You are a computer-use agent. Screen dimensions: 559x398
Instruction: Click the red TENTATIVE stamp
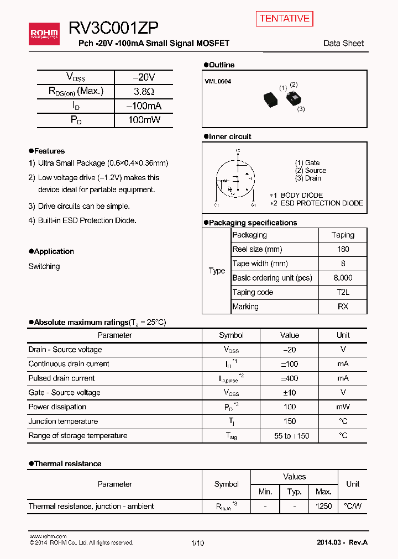[x=284, y=18]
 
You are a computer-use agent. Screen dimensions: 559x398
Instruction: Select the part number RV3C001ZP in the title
[x=114, y=29]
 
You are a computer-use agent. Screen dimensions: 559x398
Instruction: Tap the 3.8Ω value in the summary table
[x=143, y=92]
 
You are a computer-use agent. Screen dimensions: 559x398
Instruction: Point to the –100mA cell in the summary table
[x=143, y=106]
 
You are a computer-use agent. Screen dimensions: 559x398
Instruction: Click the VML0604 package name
[x=218, y=81]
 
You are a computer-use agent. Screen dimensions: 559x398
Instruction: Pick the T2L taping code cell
[x=343, y=292]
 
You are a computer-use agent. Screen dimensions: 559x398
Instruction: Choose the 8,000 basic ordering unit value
[x=343, y=278]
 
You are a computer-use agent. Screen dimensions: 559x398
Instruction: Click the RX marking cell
[x=343, y=307]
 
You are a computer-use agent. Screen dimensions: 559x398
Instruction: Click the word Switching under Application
[x=44, y=266]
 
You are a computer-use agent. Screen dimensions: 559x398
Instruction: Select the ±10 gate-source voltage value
[x=289, y=393]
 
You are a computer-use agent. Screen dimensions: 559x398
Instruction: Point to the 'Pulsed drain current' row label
[x=61, y=378]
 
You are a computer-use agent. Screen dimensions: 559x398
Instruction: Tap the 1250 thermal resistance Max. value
[x=323, y=507]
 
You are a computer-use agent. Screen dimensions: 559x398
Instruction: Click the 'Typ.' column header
[x=294, y=492]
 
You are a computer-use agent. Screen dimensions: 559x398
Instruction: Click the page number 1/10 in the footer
[x=197, y=543]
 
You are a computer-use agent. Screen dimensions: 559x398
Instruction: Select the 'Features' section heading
[x=49, y=151]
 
